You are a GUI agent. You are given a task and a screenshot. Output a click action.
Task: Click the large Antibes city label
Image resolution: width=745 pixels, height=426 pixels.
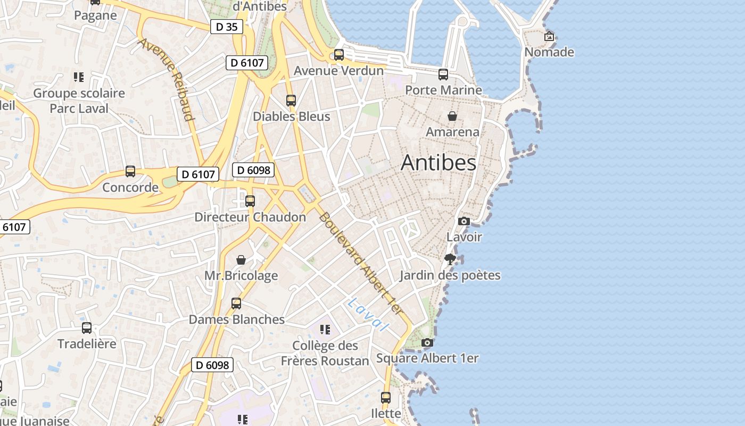tap(438, 162)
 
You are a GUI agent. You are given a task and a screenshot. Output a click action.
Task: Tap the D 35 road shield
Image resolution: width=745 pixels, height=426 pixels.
tap(227, 27)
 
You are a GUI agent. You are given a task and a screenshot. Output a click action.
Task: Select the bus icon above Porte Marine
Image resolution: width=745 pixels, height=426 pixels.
tap(443, 75)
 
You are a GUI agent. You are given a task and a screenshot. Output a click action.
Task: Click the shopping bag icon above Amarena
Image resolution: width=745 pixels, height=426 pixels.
tap(452, 116)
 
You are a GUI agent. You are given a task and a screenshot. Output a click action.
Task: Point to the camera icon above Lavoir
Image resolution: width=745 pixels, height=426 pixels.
tap(464, 221)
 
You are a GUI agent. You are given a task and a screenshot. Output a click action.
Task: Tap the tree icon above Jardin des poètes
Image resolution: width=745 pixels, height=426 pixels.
tap(450, 259)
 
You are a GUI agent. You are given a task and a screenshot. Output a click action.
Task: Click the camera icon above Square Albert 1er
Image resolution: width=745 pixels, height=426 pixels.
tap(427, 343)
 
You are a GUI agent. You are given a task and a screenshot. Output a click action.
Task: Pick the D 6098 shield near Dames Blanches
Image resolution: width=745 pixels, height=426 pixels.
tap(212, 365)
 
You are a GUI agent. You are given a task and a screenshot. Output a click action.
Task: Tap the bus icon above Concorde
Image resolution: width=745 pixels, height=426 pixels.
tap(130, 171)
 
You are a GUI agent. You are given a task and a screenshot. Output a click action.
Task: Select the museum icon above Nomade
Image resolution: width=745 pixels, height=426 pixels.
tap(549, 37)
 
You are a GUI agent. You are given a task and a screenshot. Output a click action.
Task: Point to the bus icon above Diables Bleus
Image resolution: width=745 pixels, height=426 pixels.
tap(291, 100)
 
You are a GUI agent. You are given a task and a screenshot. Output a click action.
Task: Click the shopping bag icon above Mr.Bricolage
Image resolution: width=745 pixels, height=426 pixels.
tap(241, 260)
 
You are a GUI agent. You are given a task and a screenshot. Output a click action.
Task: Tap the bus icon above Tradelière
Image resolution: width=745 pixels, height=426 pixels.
tap(87, 328)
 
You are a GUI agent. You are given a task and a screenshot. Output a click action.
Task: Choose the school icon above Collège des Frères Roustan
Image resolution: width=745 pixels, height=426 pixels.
tap(325, 330)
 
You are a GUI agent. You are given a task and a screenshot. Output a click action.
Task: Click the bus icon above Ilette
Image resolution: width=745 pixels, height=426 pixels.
tap(386, 398)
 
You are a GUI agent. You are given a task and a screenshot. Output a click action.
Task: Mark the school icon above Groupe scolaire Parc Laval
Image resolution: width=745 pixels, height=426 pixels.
tap(79, 77)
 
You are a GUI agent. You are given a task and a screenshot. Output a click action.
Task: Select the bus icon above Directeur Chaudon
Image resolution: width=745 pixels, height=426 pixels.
tap(250, 201)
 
